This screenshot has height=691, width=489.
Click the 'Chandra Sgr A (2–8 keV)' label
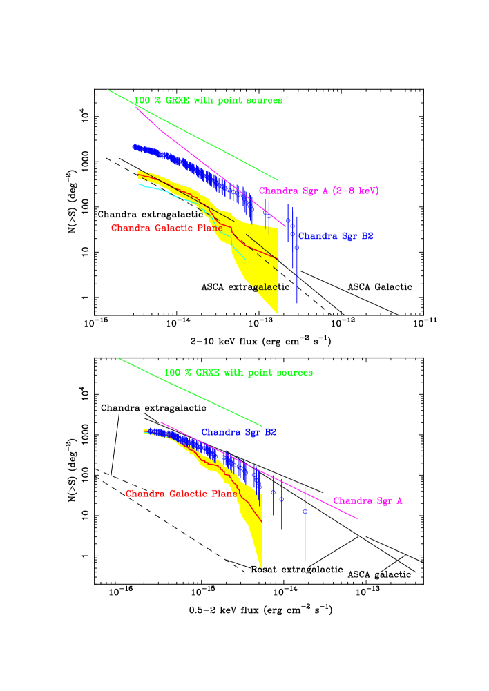click(x=318, y=191)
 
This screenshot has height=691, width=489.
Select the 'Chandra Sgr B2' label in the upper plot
click(x=336, y=236)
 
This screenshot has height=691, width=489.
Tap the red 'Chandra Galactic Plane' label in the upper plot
click(x=166, y=228)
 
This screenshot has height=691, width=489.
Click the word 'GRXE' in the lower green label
click(x=207, y=373)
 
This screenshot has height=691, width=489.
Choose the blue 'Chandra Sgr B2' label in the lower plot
click(x=238, y=433)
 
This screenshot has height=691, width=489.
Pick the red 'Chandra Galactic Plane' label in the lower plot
click(x=181, y=494)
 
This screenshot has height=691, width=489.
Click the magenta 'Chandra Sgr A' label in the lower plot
click(x=367, y=501)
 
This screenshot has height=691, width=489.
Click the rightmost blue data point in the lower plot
click(x=305, y=512)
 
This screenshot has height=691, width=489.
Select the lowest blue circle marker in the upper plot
click(x=296, y=247)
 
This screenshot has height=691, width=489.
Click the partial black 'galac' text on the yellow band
click(x=265, y=288)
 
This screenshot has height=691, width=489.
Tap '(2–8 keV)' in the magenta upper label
click(x=355, y=191)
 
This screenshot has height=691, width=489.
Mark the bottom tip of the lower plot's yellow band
click(x=261, y=566)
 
